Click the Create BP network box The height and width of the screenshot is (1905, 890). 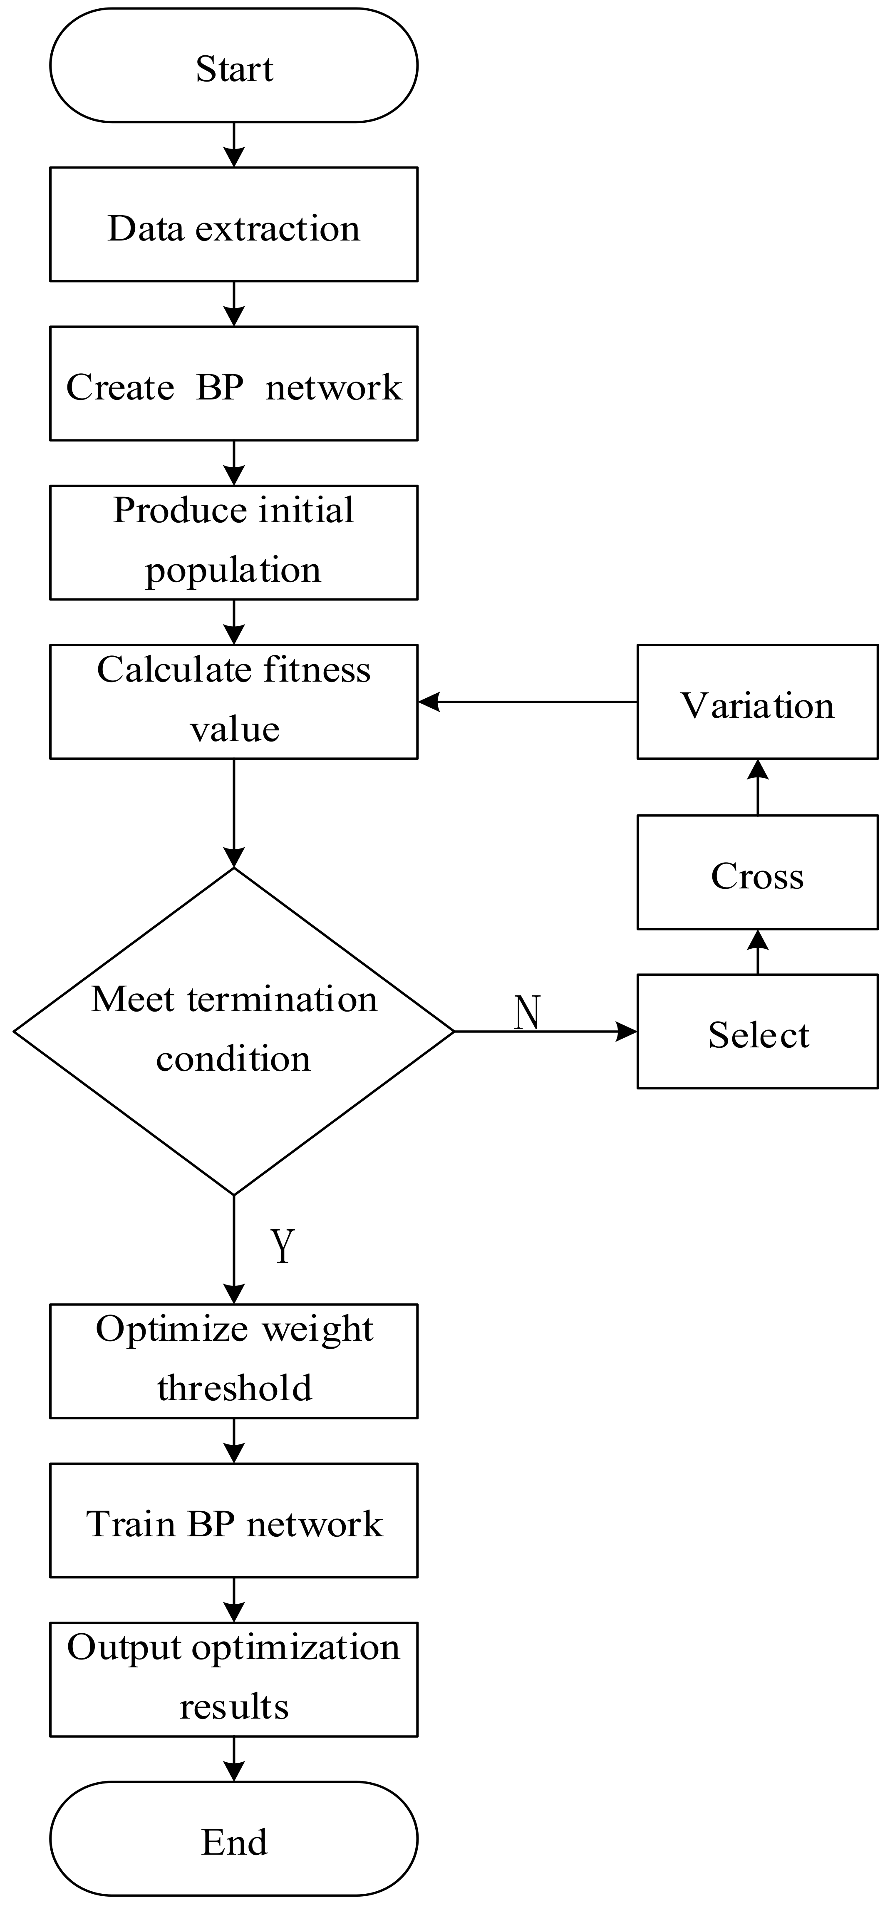pyautogui.click(x=233, y=384)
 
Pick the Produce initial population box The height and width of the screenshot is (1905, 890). pyautogui.click(x=233, y=543)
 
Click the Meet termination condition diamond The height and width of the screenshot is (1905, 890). pyautogui.click(x=233, y=1031)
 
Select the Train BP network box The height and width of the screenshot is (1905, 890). pyautogui.click(x=233, y=1521)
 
